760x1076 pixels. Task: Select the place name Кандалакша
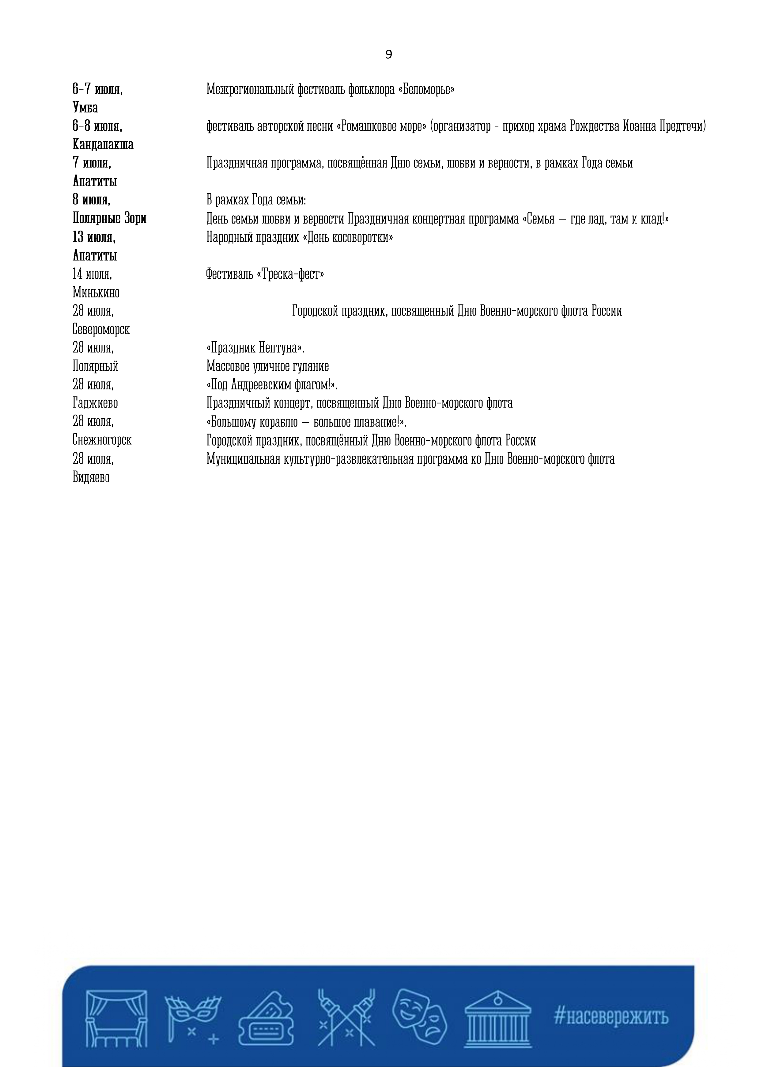(103, 144)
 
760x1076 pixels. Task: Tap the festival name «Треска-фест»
(290, 274)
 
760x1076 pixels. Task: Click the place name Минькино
(96, 293)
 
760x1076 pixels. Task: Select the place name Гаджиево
(95, 403)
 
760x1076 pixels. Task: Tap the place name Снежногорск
(102, 440)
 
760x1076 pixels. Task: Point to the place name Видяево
(91, 477)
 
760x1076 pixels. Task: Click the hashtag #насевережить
(611, 1017)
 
